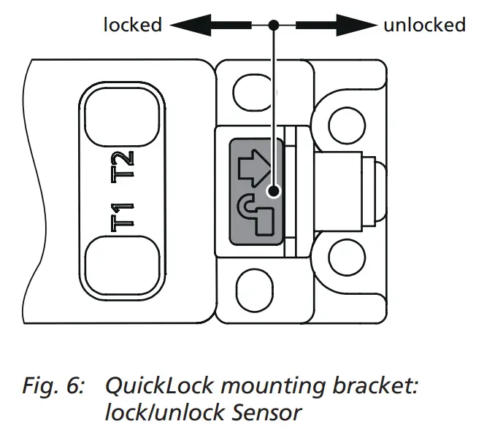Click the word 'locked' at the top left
132,25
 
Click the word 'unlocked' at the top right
424,25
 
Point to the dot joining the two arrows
273,26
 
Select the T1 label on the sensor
122,217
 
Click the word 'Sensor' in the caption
267,412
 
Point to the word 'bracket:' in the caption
379,385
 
